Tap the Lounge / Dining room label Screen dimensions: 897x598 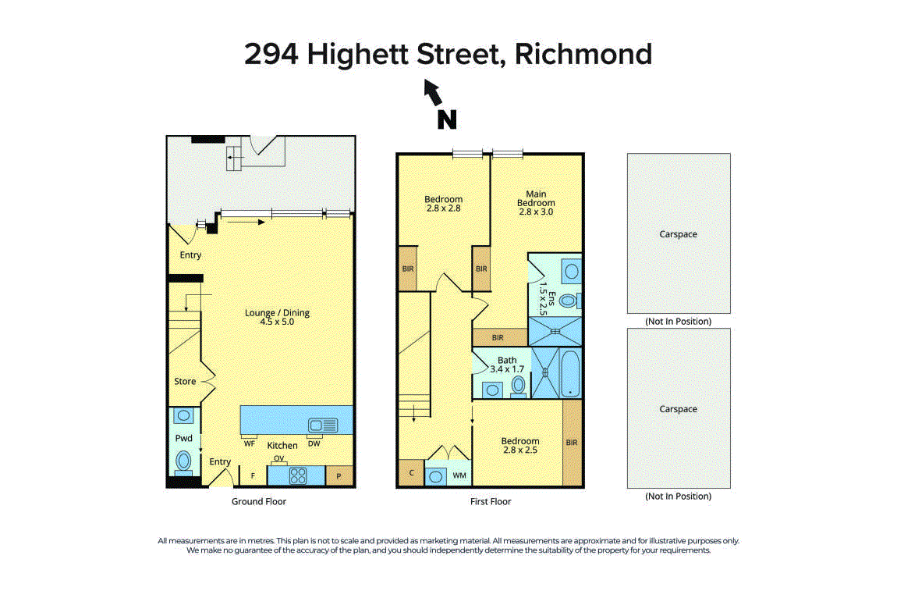tap(277, 317)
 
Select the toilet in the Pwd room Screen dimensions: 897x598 tap(183, 461)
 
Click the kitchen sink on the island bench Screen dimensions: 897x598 tap(323, 425)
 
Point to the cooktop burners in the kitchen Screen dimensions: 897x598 tap(298, 476)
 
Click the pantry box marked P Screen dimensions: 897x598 tap(339, 476)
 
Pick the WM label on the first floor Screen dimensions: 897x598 tap(459, 475)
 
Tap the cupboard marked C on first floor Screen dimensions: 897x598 tap(411, 473)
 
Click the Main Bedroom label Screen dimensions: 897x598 tap(536, 203)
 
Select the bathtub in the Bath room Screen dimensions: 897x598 tap(570, 373)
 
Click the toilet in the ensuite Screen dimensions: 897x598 tap(569, 300)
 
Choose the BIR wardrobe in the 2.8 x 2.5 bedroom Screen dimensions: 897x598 tap(572, 443)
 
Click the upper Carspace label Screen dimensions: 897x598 tap(679, 234)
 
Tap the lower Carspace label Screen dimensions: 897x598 tap(679, 409)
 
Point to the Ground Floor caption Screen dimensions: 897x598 tap(259, 501)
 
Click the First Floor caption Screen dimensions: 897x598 tap(491, 501)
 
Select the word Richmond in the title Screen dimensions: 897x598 tap(583, 54)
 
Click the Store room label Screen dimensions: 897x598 tap(185, 382)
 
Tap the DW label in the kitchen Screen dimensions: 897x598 tap(314, 443)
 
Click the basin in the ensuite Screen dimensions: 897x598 tap(572, 271)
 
